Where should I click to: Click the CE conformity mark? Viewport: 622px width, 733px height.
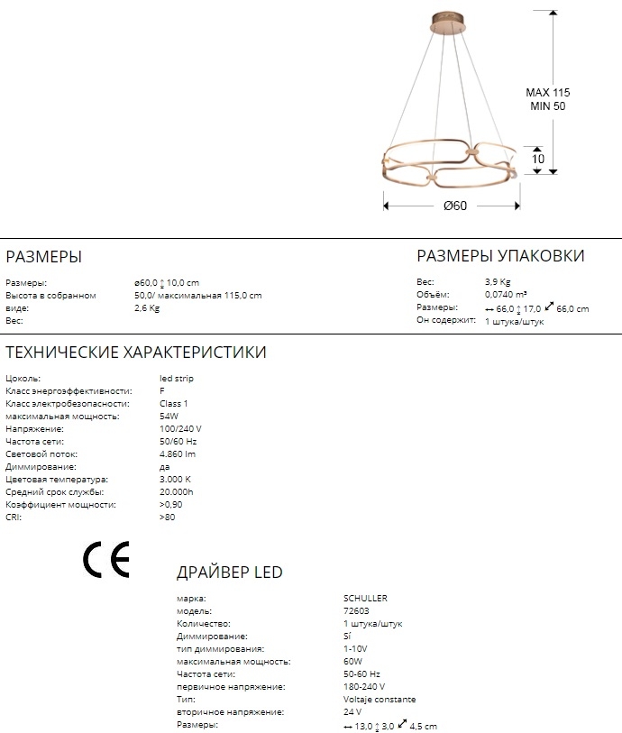106,559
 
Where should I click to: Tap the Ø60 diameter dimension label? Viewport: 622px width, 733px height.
455,206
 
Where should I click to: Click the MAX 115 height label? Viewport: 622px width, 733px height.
548,93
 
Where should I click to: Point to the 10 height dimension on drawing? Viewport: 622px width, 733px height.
538,160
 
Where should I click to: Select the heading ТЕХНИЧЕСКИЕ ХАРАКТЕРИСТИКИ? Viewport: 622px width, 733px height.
136,353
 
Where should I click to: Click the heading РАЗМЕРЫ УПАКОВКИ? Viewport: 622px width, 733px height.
500,256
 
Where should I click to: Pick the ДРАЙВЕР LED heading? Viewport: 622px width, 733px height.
229,573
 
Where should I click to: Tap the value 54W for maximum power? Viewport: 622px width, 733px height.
169,417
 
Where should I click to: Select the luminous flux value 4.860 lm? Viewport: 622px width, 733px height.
178,454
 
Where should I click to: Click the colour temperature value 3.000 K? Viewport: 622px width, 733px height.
175,480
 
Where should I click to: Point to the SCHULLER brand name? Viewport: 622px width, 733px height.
365,598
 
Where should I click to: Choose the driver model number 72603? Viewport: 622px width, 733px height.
356,610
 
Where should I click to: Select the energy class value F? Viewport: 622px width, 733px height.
161,391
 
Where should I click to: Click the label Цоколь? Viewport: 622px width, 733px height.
23,379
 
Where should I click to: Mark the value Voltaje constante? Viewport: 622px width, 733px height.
380,699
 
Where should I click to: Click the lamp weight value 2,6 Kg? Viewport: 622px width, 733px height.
147,308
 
